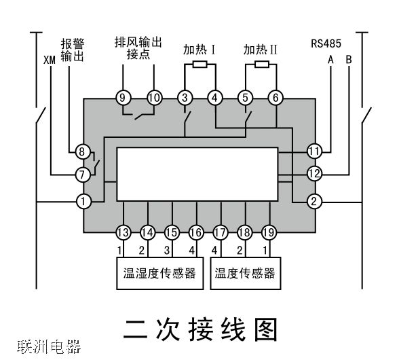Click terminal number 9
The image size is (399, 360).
(123, 98)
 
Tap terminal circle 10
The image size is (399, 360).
(154, 98)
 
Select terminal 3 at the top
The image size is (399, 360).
(185, 98)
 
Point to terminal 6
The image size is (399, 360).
(215, 98)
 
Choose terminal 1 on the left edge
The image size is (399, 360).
(83, 201)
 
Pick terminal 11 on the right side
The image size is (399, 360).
(313, 151)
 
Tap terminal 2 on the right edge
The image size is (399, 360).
(313, 201)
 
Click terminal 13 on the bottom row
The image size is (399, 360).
(123, 232)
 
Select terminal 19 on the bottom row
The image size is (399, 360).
(269, 232)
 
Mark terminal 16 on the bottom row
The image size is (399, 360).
(196, 232)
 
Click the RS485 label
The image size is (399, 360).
(325, 43)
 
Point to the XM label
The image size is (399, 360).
(49, 60)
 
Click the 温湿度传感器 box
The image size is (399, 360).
(159, 273)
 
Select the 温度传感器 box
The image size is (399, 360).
(245, 273)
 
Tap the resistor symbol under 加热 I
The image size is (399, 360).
(199, 65)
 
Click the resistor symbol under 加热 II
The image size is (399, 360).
(261, 65)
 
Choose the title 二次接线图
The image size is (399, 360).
(200, 329)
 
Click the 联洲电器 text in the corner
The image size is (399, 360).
(50, 348)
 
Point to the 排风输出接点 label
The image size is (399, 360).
(138, 48)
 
